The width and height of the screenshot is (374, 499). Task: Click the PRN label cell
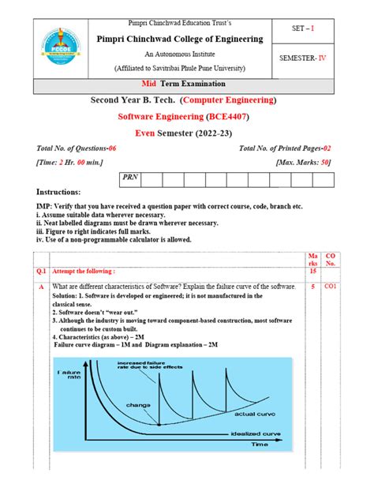[x=129, y=178]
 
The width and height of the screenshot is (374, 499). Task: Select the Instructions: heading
[x=59, y=193]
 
